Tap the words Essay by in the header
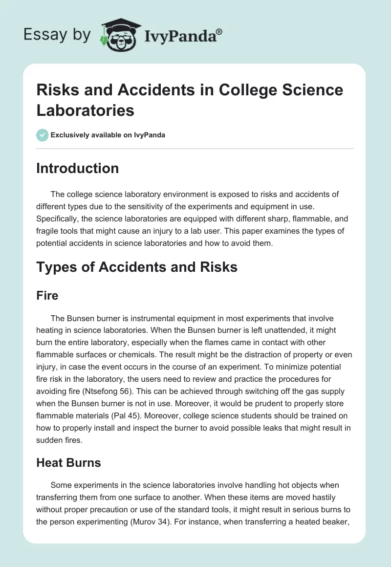coord(57,35)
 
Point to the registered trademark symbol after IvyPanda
coord(219,31)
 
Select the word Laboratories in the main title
coord(86,110)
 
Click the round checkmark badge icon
coord(43,135)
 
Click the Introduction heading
coord(78,168)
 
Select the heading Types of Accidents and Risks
coord(137,267)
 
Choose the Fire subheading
coord(47,296)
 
